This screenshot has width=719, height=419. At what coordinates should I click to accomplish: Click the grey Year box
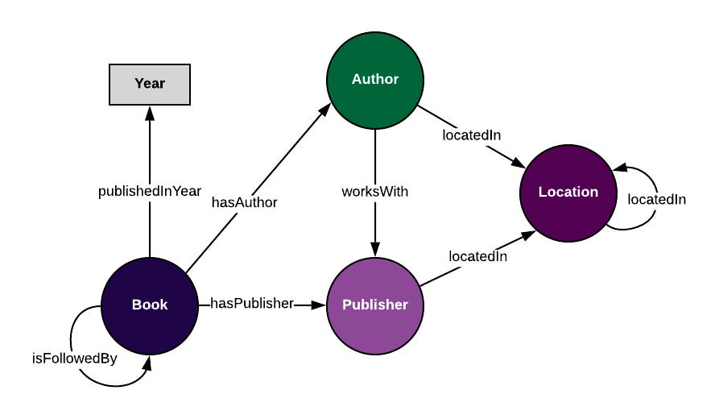(x=150, y=84)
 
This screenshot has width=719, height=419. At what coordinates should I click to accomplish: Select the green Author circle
(x=375, y=79)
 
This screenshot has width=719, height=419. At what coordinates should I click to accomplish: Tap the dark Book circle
(x=150, y=305)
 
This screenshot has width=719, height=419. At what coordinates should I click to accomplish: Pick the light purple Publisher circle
(x=375, y=305)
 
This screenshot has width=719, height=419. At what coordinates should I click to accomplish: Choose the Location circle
(x=568, y=193)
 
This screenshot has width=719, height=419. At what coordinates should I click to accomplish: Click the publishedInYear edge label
(x=150, y=191)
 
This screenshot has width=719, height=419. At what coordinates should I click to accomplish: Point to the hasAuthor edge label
(x=244, y=202)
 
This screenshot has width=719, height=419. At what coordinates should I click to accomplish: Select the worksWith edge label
(x=375, y=192)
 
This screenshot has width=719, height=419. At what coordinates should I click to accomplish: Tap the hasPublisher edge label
(x=252, y=304)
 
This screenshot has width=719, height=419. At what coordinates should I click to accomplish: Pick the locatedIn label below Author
(x=471, y=135)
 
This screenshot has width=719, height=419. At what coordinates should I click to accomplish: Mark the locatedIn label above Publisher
(x=478, y=256)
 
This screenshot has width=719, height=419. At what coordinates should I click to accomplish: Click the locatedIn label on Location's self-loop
(x=656, y=199)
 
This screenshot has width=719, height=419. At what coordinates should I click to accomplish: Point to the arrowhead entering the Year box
(x=150, y=111)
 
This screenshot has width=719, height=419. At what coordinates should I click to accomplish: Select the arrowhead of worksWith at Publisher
(x=375, y=251)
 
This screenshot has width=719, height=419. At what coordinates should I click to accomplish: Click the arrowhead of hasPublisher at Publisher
(x=320, y=305)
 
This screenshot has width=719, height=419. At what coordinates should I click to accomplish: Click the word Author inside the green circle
(x=375, y=79)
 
